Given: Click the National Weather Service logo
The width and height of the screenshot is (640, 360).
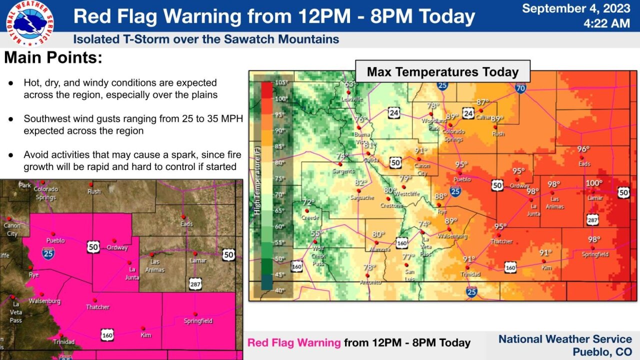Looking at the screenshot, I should pyautogui.click(x=30, y=23).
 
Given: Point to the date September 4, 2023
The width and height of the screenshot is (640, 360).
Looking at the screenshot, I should pyautogui.click(x=576, y=8).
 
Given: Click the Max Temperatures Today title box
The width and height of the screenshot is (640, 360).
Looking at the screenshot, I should pyautogui.click(x=442, y=72).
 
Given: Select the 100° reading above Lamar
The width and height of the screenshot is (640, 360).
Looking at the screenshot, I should pyautogui.click(x=594, y=183).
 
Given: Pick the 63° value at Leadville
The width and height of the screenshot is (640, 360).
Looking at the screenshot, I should pyautogui.click(x=349, y=84).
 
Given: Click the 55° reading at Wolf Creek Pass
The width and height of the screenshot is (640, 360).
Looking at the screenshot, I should pyautogui.click(x=317, y=233).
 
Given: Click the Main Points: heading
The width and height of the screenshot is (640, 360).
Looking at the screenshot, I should pyautogui.click(x=53, y=58).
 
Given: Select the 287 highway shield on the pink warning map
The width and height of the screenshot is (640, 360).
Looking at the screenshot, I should pyautogui.click(x=195, y=283).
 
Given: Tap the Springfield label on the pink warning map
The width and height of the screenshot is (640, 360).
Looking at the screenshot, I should pyautogui.click(x=198, y=321).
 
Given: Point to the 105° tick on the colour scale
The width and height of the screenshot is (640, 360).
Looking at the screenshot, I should pyautogui.click(x=281, y=82).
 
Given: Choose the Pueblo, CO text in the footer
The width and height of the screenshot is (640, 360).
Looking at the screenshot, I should pyautogui.click(x=602, y=352).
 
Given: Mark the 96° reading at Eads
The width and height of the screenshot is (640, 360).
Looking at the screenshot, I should pyautogui.click(x=583, y=149).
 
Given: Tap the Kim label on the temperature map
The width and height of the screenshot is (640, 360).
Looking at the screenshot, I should pyautogui.click(x=546, y=268).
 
